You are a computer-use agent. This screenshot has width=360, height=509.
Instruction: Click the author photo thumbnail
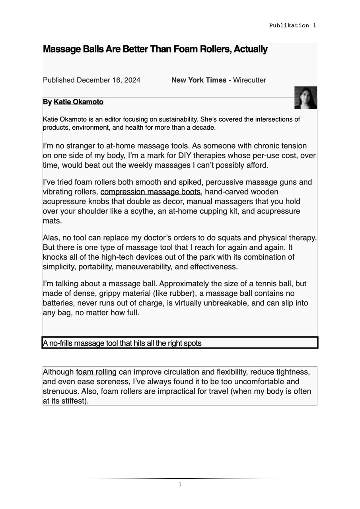(x=306, y=97)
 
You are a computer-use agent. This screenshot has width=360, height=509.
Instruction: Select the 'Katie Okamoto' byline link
(x=78, y=102)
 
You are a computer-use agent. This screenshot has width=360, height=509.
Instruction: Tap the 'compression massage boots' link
(x=150, y=192)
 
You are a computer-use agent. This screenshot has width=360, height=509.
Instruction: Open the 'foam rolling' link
(x=96, y=372)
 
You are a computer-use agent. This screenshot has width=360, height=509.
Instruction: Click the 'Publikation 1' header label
(x=292, y=25)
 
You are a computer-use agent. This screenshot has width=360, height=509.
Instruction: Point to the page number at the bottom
(x=180, y=484)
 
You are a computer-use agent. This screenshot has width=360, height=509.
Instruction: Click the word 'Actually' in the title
(x=251, y=49)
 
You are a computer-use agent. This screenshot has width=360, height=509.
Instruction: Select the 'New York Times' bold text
(x=198, y=80)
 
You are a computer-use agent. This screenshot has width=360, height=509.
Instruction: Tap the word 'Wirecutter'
(x=249, y=80)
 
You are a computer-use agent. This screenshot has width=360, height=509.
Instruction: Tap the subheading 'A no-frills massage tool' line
(x=122, y=343)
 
